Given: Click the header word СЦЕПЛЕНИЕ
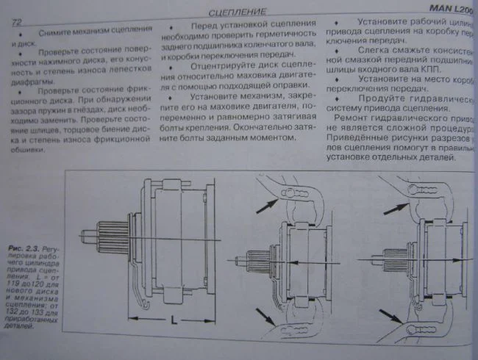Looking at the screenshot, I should (x=237, y=12).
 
